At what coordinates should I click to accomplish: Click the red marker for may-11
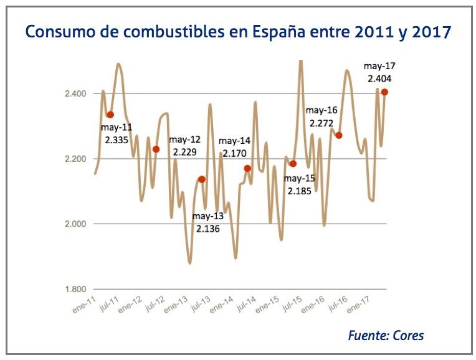click(110, 115)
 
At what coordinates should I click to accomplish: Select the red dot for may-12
click(156, 149)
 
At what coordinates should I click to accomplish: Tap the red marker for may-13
click(201, 179)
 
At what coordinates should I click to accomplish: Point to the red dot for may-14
click(247, 168)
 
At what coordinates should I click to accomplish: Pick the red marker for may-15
click(293, 164)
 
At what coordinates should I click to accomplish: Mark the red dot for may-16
click(339, 135)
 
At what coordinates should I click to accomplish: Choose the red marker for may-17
click(384, 92)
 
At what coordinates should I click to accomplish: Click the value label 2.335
click(117, 140)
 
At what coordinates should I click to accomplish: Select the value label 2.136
click(207, 229)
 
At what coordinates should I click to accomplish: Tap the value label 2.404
click(379, 79)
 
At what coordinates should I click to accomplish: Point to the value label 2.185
click(300, 191)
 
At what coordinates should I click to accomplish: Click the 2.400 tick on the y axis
click(75, 93)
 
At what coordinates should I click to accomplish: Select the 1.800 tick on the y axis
click(75, 290)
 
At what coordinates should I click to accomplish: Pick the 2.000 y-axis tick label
click(75, 224)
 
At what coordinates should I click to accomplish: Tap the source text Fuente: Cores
click(386, 336)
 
